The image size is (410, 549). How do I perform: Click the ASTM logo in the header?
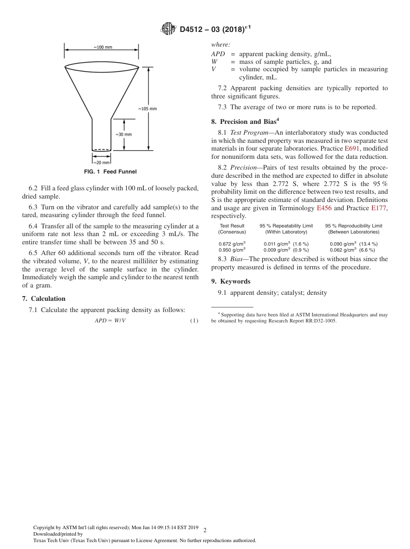click(168, 29)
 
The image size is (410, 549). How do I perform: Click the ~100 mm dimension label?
click(102, 47)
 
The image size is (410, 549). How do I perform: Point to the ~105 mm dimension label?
click(147, 109)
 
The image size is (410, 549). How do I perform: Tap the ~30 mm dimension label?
click(123, 134)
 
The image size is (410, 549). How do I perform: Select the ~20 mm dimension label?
click(101, 162)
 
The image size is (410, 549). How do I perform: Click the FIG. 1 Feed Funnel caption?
click(110, 172)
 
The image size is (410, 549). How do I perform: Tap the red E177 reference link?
click(379, 208)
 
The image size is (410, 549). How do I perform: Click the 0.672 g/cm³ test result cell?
click(232, 244)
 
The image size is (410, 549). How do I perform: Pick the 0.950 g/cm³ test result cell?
click(232, 250)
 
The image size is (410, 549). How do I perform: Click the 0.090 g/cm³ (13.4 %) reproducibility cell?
click(353, 244)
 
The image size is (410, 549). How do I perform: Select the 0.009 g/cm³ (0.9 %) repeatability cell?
click(286, 250)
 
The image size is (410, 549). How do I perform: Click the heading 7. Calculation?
click(44, 299)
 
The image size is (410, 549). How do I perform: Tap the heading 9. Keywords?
click(230, 281)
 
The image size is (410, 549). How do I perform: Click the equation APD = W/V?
click(110, 321)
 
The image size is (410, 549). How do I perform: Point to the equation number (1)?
click(194, 321)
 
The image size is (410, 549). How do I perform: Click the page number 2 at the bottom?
click(205, 530)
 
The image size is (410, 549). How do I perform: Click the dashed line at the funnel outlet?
click(101, 149)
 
